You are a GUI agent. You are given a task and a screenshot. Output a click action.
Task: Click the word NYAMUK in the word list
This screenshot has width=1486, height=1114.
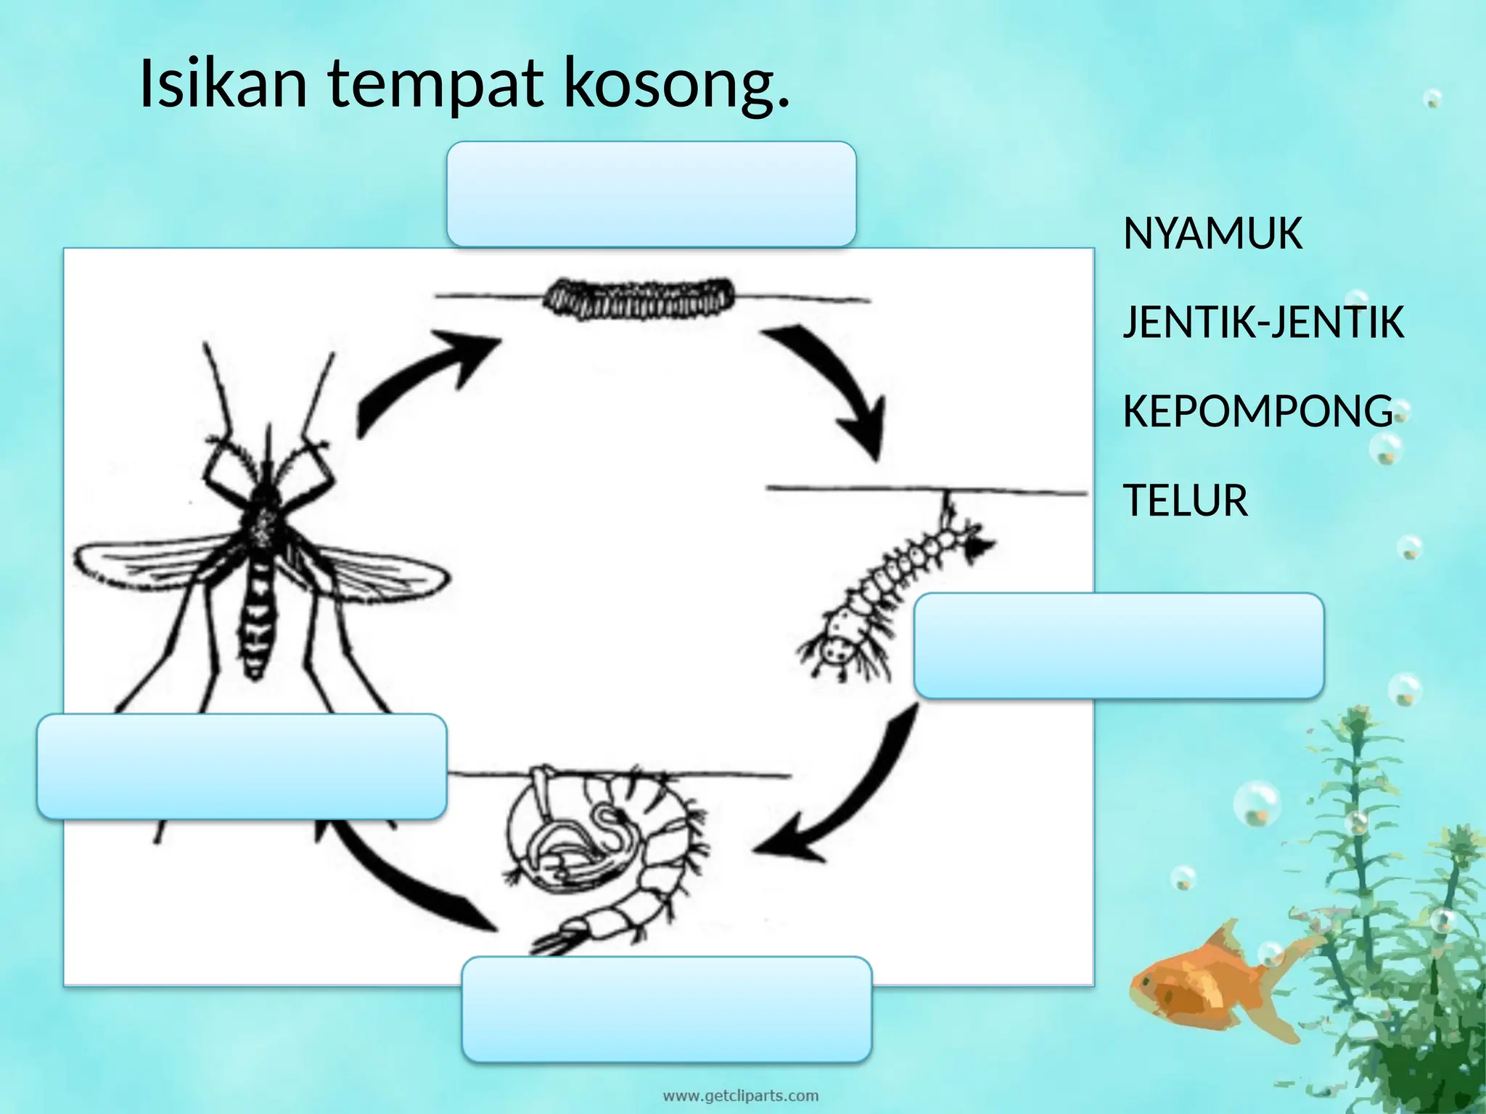click(x=1212, y=234)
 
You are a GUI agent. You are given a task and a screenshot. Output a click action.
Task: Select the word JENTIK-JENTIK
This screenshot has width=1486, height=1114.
click(x=1263, y=323)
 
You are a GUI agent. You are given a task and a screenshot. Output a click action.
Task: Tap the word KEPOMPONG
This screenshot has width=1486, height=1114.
click(x=1257, y=411)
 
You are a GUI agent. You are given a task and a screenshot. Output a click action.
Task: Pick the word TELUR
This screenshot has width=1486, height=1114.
click(x=1185, y=500)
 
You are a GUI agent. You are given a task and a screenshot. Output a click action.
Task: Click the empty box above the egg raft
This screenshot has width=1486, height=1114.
click(x=651, y=194)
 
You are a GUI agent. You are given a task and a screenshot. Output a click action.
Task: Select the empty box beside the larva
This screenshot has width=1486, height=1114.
click(x=1118, y=645)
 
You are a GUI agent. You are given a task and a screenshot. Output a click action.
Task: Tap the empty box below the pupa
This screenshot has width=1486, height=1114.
click(x=666, y=1009)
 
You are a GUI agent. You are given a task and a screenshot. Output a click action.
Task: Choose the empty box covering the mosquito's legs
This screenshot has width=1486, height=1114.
click(x=242, y=767)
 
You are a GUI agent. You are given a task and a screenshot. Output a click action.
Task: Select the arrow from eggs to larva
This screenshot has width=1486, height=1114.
click(x=834, y=384)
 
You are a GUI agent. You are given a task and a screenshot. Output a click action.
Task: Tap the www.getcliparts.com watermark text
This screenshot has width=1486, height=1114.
click(x=741, y=1095)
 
